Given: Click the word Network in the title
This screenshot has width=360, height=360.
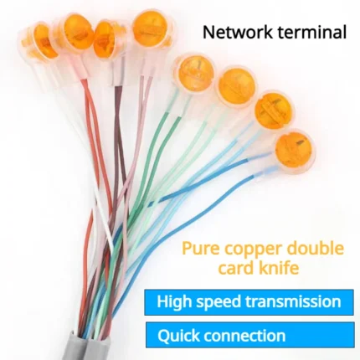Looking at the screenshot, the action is coord(237,32).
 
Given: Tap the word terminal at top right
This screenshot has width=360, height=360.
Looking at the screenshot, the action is coord(311,32).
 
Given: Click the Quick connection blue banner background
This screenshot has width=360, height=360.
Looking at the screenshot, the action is coord(250,336).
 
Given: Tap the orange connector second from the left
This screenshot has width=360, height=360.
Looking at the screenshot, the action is coord(76,32).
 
